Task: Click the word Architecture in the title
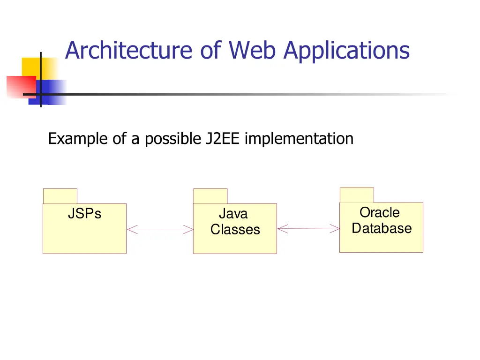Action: point(128,51)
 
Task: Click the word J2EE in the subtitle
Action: point(223,139)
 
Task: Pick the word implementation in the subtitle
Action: point(299,139)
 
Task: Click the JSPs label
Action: point(84,214)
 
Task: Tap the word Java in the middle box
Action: point(233,214)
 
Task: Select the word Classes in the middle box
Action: point(235,230)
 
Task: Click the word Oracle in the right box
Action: point(380,212)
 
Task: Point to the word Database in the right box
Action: point(382,228)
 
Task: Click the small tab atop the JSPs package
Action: point(60,196)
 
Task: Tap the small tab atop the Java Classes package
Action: point(210,196)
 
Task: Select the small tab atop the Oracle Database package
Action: point(357,195)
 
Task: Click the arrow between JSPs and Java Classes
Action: point(160,229)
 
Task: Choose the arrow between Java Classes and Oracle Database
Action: point(308,229)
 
